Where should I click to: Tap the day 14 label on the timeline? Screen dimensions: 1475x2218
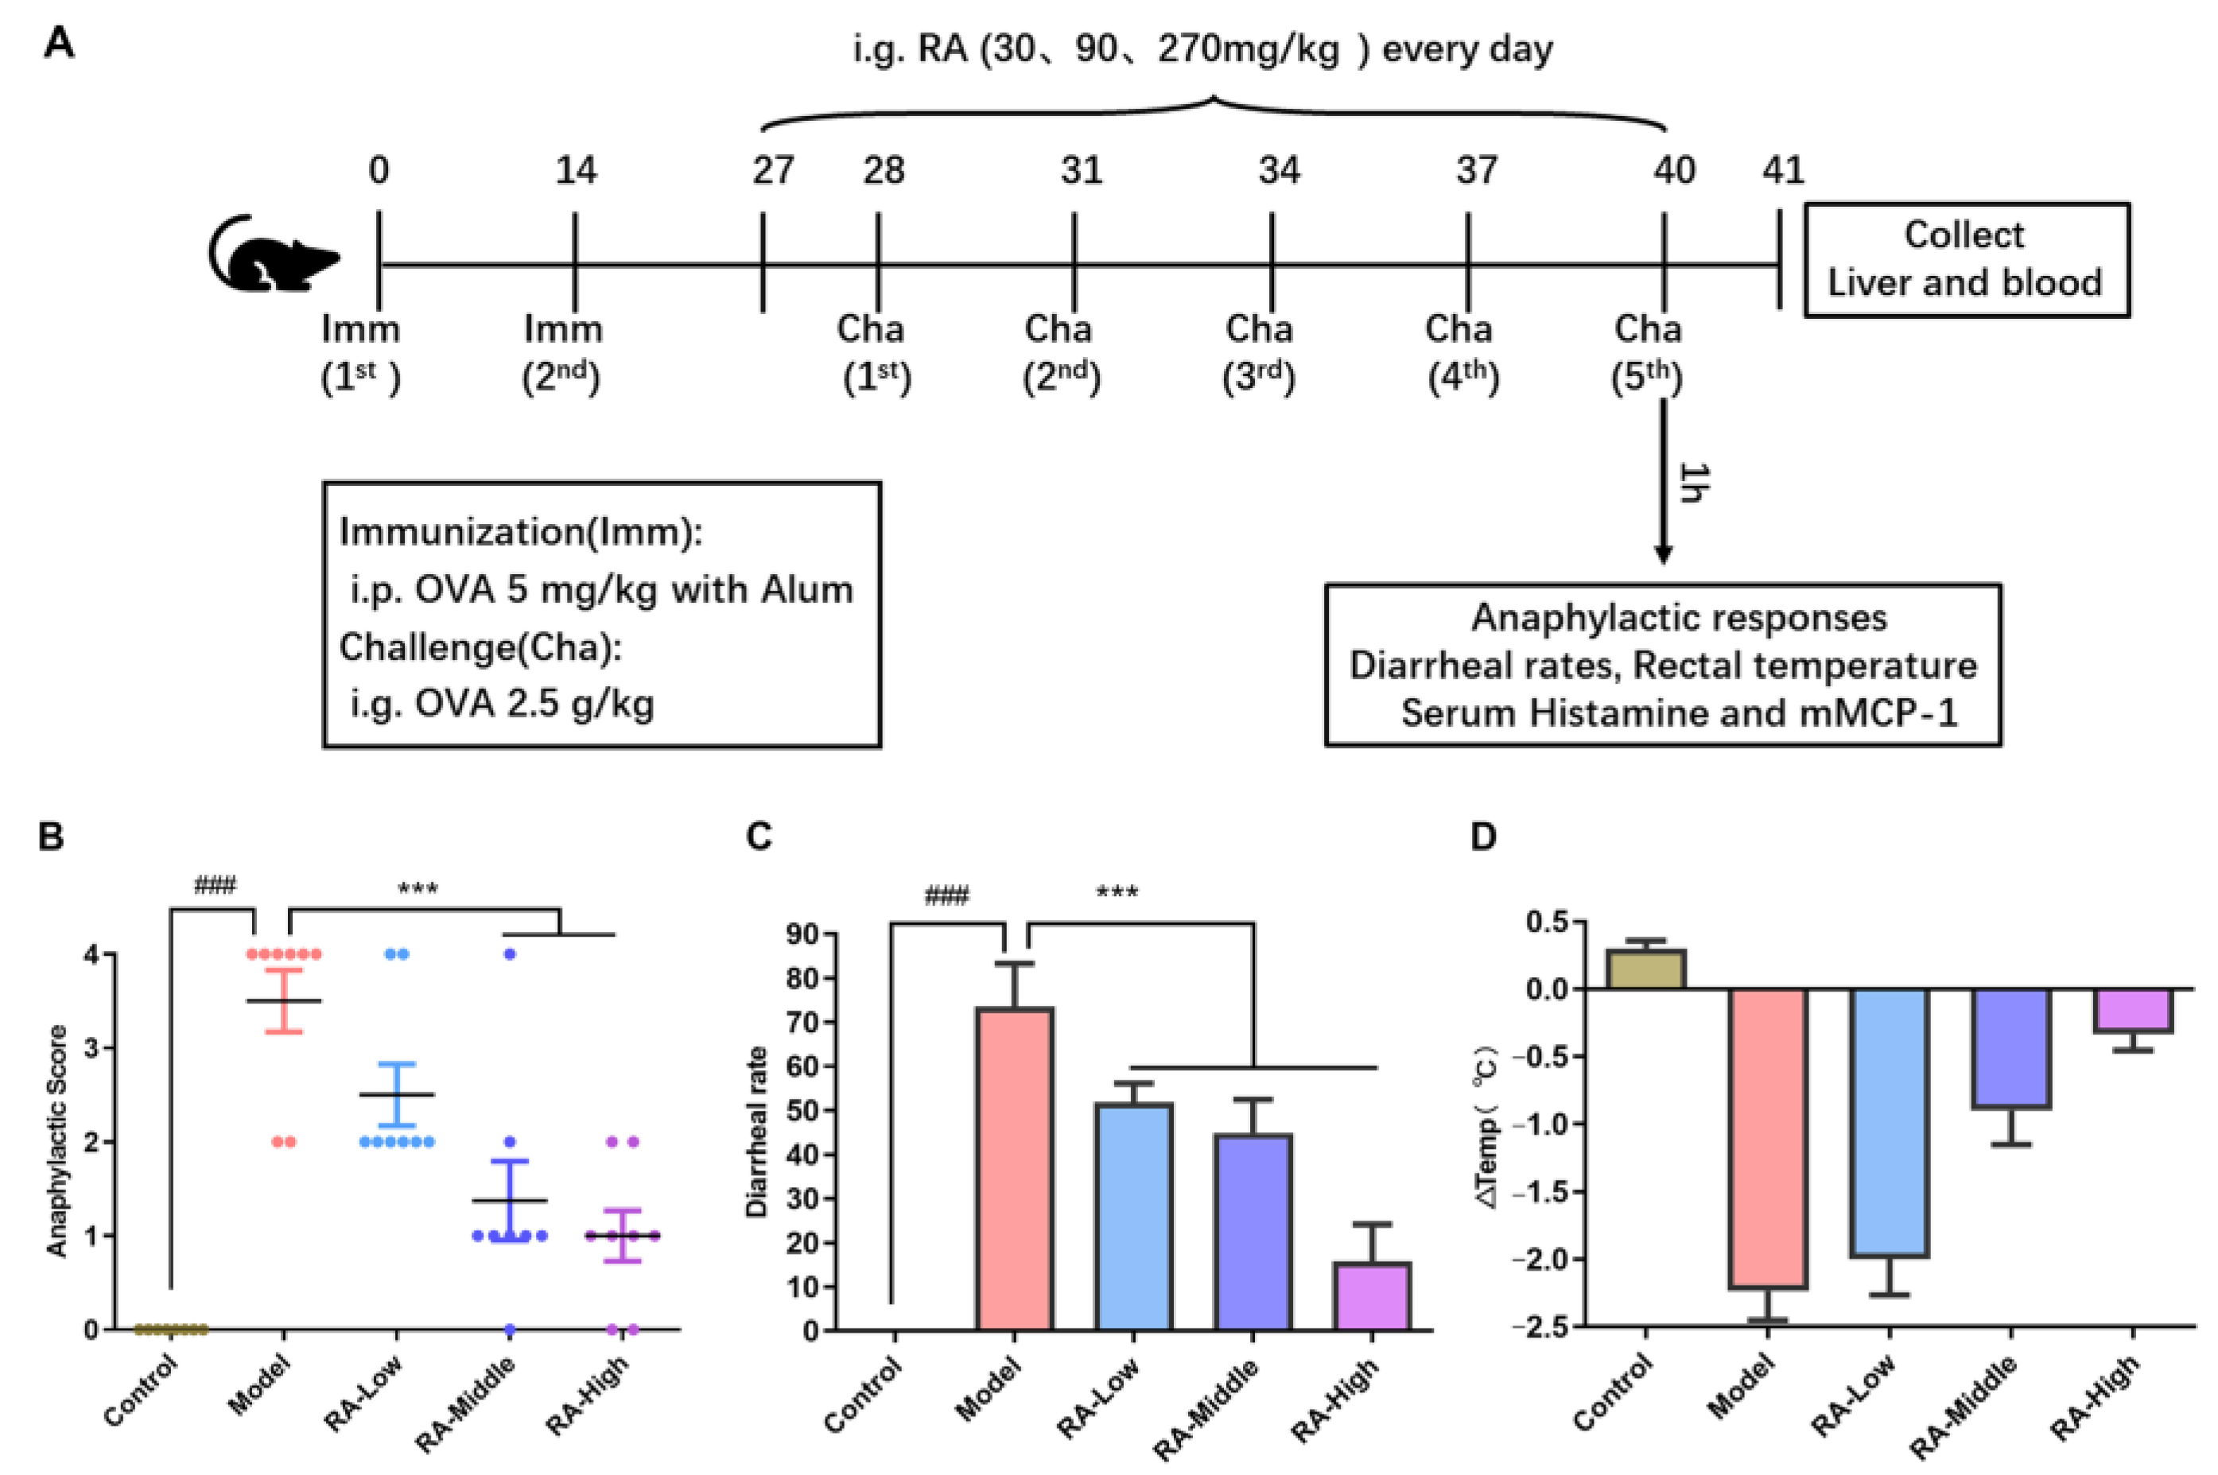[x=575, y=171]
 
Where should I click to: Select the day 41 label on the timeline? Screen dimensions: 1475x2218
[x=1782, y=171]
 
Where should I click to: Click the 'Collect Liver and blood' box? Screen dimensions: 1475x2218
[x=1965, y=260]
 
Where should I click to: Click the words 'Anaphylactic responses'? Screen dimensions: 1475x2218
[x=1678, y=618]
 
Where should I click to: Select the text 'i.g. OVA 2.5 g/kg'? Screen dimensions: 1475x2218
[x=503, y=704]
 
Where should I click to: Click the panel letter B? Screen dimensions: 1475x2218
[x=51, y=836]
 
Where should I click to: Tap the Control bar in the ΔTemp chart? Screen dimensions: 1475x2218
[x=1645, y=969]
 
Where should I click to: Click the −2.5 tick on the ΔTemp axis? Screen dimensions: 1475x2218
[x=1544, y=1327]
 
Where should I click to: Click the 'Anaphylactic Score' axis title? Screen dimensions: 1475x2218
[x=57, y=1140]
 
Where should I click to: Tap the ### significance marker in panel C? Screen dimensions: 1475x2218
[x=946, y=895]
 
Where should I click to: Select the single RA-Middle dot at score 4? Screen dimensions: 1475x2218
[x=510, y=954]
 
